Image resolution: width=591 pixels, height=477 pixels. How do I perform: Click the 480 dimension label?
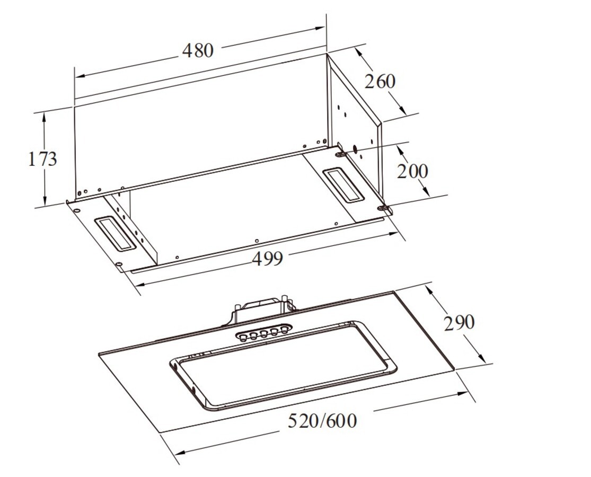click(198, 50)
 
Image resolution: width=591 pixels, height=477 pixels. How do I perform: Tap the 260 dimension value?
click(380, 82)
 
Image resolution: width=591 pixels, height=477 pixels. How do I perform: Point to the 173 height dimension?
click(42, 158)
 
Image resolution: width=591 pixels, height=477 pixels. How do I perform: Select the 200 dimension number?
click(413, 171)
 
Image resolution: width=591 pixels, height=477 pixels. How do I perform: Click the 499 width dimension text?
click(267, 259)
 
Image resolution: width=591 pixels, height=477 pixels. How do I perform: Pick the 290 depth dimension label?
click(459, 323)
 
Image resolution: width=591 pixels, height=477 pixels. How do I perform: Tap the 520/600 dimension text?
click(322, 421)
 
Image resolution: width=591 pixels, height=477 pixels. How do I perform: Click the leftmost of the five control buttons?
click(243, 336)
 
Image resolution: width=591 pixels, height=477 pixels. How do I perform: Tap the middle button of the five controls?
click(264, 333)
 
